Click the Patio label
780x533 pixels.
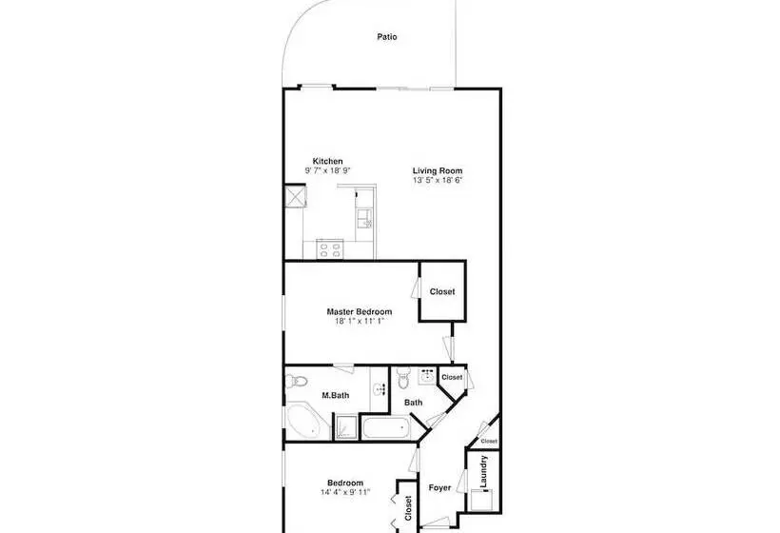[387, 37]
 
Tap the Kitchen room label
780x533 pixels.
[327, 161]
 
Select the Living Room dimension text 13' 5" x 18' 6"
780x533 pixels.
[438, 180]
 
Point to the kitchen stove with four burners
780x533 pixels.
[330, 248]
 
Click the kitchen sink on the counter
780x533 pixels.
[363, 217]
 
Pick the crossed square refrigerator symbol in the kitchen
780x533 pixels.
[295, 195]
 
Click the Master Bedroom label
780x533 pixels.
[360, 311]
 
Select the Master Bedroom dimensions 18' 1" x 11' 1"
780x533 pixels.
[360, 321]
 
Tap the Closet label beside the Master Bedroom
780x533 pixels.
[442, 291]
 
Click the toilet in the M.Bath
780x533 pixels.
[297, 382]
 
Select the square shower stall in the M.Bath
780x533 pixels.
[346, 427]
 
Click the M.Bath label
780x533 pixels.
[335, 396]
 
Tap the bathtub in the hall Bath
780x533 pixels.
[386, 427]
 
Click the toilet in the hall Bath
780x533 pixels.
[403, 378]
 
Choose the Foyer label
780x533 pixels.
[439, 487]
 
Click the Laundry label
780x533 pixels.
[483, 471]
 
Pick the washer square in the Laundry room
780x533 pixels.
[481, 500]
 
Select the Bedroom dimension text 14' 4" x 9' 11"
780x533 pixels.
[345, 492]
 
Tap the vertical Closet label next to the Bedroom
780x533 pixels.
[408, 508]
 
